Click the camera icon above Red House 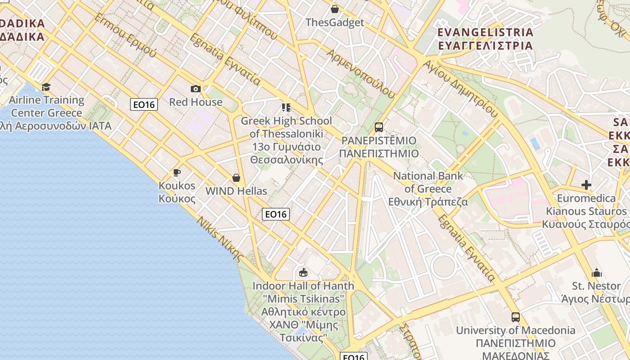pyautogui.click(x=196, y=89)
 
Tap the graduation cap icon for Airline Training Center pyautogui.click(x=46, y=87)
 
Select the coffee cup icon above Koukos pyautogui.click(x=177, y=172)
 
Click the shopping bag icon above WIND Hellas pyautogui.click(x=236, y=178)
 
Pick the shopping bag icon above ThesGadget pyautogui.click(x=334, y=9)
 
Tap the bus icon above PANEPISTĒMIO pyautogui.click(x=379, y=127)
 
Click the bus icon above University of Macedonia pyautogui.click(x=516, y=317)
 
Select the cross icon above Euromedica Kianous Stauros pyautogui.click(x=586, y=185)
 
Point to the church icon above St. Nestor pyautogui.click(x=597, y=273)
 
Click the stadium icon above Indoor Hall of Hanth pyautogui.click(x=303, y=272)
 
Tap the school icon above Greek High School pyautogui.click(x=286, y=108)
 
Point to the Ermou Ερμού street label pyautogui.click(x=126, y=36)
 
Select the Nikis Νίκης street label pyautogui.click(x=220, y=238)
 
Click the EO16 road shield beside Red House pyautogui.click(x=144, y=105)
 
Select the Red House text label pyautogui.click(x=196, y=102)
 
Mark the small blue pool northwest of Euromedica pyautogui.click(x=535, y=144)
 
